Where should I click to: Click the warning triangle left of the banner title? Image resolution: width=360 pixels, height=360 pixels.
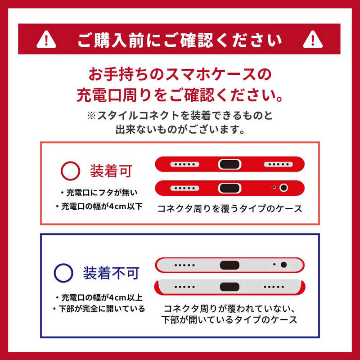tap(46, 40)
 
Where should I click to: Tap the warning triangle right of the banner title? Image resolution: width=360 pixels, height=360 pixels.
tap(312, 40)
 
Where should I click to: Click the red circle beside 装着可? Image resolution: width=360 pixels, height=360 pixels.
tap(70, 171)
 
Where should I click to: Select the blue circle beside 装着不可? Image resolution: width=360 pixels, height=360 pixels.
tap(63, 273)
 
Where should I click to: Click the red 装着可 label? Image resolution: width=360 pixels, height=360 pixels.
tap(111, 171)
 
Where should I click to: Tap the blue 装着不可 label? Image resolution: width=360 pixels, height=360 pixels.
tap(111, 273)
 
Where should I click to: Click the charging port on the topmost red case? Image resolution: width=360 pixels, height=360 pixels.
tap(229, 164)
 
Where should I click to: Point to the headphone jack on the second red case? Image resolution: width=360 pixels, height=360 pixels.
tap(284, 188)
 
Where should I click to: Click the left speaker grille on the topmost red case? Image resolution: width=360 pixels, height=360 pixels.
tap(184, 164)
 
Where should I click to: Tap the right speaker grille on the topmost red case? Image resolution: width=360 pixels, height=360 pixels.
tap(278, 164)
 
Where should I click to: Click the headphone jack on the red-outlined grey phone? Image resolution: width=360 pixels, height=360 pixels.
tap(284, 265)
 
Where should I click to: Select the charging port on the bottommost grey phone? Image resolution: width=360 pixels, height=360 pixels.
tap(229, 287)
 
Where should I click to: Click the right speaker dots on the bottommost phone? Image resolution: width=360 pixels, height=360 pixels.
tap(274, 287)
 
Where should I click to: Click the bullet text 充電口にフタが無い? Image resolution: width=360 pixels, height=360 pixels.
tap(99, 193)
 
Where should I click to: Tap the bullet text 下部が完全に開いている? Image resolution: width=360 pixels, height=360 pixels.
tap(99, 309)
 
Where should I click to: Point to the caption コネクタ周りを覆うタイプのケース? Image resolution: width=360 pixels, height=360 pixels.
tap(230, 209)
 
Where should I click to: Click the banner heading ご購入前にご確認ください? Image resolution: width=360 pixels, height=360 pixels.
tap(180, 40)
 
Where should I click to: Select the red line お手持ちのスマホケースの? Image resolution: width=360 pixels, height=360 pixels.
tap(180, 74)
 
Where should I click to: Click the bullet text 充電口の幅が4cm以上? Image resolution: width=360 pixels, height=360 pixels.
tap(99, 298)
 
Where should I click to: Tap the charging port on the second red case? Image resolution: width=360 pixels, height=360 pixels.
tap(229, 188)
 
